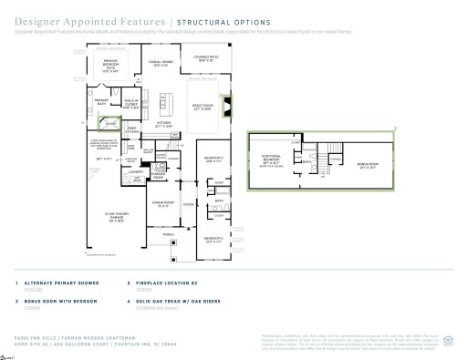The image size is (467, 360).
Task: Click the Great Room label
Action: tap(202, 108)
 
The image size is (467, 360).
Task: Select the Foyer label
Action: tap(189, 205)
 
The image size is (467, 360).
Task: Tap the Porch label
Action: tap(168, 233)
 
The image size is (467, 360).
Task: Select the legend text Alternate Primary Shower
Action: tap(62, 283)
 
